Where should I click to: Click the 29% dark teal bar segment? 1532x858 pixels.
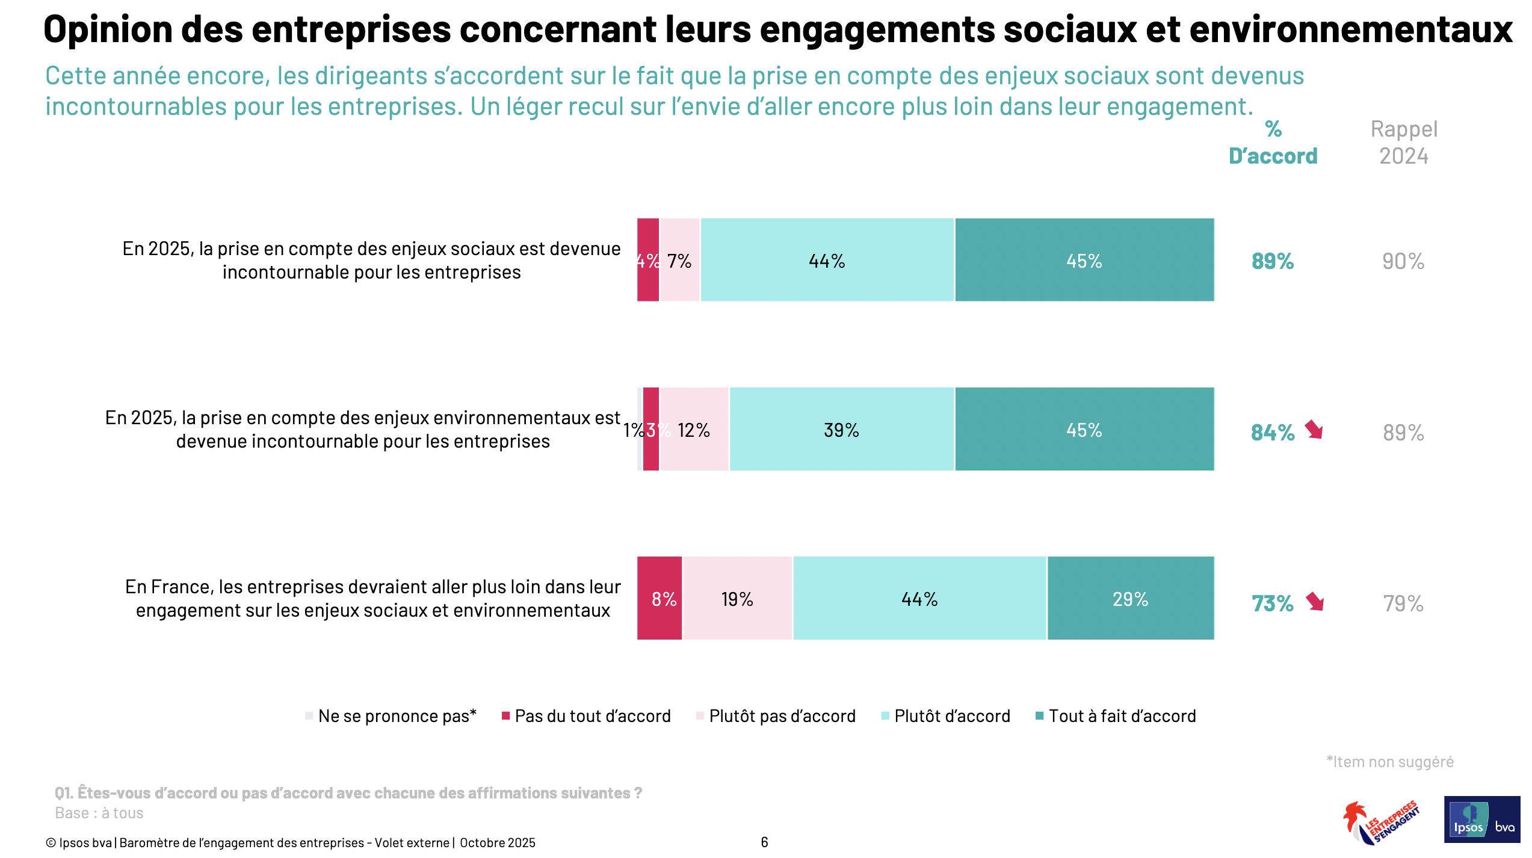pos(1130,598)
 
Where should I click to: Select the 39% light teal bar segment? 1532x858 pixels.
pos(841,430)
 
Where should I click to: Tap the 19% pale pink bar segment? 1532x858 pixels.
pos(737,598)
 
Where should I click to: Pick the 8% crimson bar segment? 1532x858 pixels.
pos(660,598)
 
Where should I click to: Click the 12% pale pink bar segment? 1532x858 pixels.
pos(694,430)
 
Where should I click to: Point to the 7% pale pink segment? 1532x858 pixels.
pos(680,261)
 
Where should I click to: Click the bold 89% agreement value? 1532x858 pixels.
pos(1272,261)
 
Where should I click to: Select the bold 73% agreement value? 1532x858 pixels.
pos(1272,603)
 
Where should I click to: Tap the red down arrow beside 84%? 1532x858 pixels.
pos(1314,430)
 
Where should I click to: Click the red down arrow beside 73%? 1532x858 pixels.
pos(1315,601)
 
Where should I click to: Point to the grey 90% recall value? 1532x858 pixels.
pos(1403,261)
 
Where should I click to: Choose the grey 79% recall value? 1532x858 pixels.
pos(1403,603)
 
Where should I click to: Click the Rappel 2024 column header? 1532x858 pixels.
pos(1403,143)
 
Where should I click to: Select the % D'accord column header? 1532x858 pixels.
pos(1273,143)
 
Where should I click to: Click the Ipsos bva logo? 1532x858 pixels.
pos(1481,819)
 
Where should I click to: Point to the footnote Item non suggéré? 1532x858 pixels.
pos(1390,762)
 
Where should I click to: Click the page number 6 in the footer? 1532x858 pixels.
pos(764,842)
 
